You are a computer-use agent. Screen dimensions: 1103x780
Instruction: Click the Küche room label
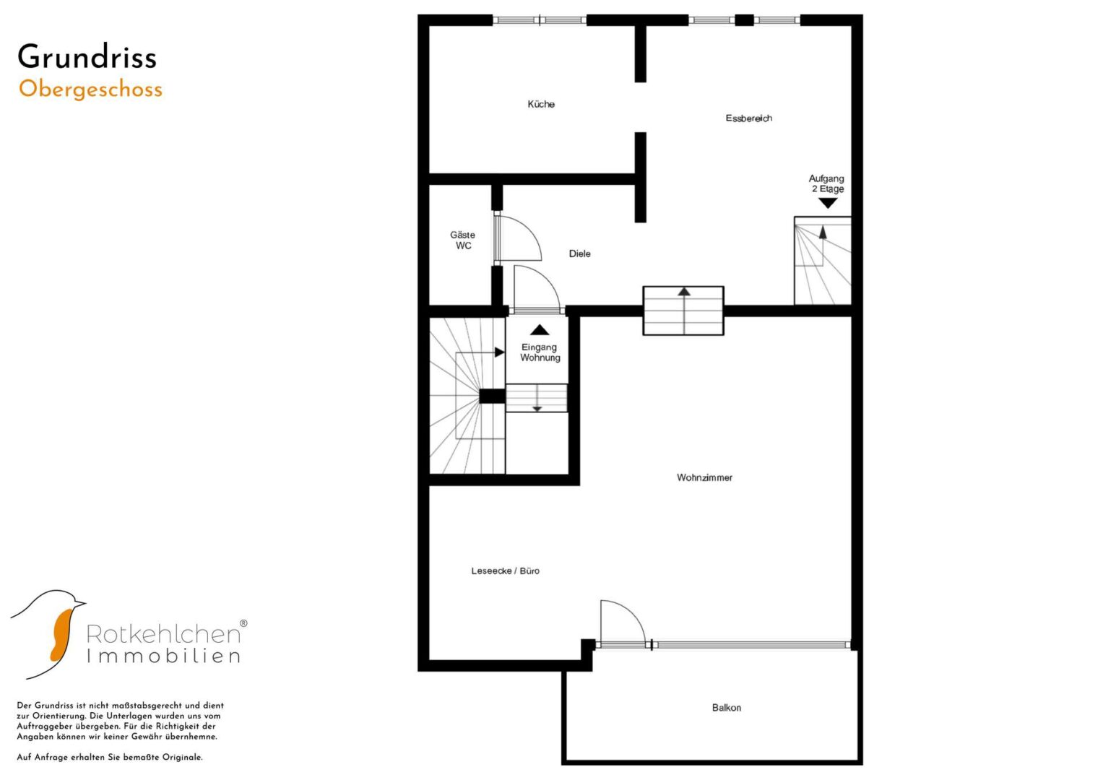[x=541, y=104]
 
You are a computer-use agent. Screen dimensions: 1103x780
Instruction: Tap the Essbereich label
[x=748, y=118]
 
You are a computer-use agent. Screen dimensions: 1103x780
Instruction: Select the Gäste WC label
[x=463, y=240]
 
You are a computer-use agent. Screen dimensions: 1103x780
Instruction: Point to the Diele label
[x=579, y=253]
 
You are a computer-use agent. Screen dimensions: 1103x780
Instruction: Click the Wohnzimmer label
[x=704, y=477]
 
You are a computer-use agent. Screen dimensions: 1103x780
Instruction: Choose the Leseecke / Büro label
[x=505, y=571]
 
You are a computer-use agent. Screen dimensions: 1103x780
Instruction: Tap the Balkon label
[x=727, y=708]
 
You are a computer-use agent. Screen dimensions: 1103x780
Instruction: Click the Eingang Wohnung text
[x=540, y=352]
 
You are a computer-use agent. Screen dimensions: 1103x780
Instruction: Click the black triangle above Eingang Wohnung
[x=540, y=330]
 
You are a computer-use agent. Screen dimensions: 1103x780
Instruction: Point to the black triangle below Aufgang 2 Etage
[x=828, y=203]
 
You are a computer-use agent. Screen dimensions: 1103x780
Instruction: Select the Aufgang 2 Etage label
[x=827, y=183]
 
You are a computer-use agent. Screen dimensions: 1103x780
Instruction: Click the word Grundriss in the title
[x=87, y=56]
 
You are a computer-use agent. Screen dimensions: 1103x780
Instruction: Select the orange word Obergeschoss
[x=90, y=90]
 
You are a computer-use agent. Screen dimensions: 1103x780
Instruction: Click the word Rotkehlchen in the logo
[x=163, y=633]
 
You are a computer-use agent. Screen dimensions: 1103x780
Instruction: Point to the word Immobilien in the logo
[x=163, y=656]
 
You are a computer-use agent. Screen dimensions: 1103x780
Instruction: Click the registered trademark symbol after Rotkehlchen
[x=243, y=623]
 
